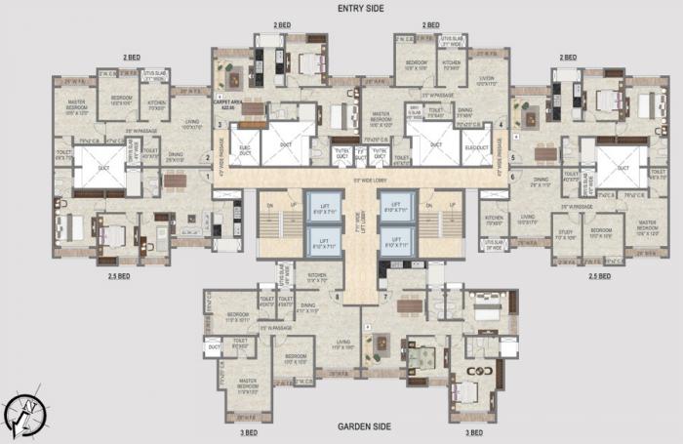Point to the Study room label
[x=566, y=235]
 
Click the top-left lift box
[x=323, y=206]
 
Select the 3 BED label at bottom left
[x=249, y=431]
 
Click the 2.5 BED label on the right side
[x=599, y=276]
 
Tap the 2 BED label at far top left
[x=131, y=58]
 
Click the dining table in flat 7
[x=410, y=305]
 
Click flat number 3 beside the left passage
[x=221, y=125]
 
